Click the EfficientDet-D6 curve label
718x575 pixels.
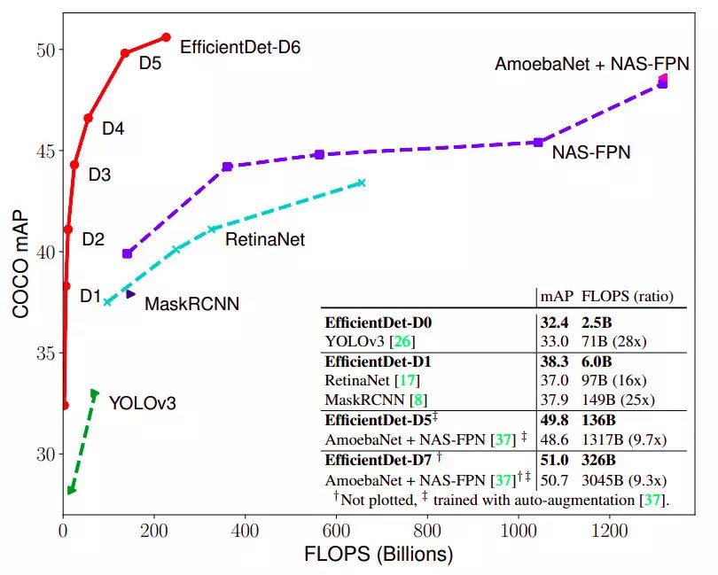coord(240,47)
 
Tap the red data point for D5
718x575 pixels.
coord(125,54)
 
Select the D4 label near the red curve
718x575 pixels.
coord(113,128)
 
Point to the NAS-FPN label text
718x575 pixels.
coord(591,152)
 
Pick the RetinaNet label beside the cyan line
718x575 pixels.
coord(264,239)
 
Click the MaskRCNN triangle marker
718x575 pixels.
coord(130,293)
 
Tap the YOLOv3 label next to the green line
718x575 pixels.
coord(143,404)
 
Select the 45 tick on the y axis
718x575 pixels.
coord(44,151)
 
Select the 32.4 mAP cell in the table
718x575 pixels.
coord(555,322)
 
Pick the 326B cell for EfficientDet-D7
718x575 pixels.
coord(600,461)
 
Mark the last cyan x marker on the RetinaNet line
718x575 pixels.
coord(361,183)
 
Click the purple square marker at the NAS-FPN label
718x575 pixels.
coord(538,142)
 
